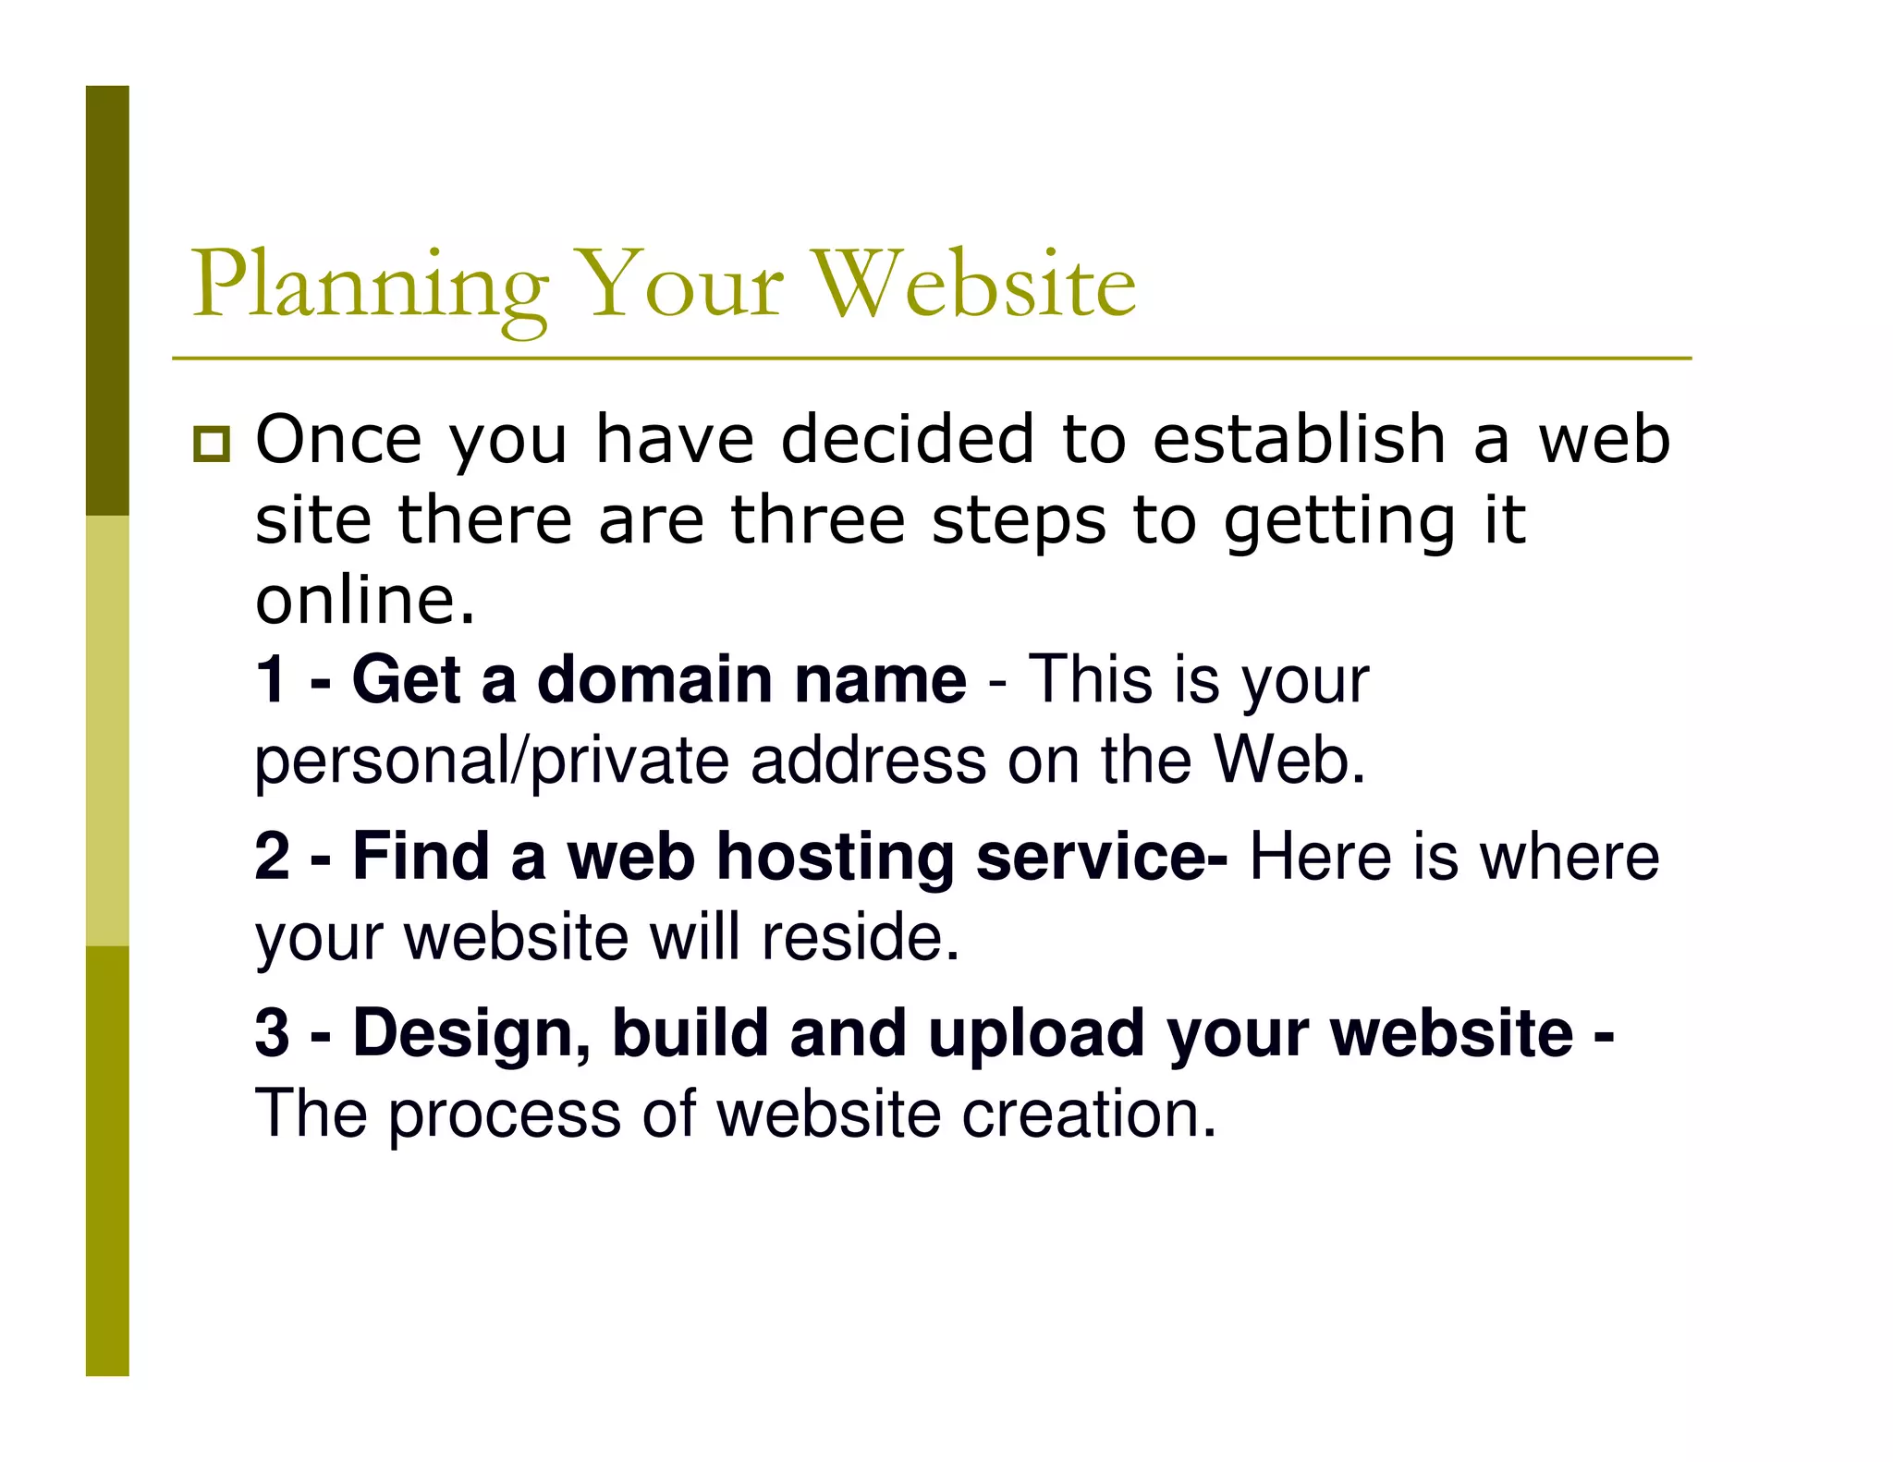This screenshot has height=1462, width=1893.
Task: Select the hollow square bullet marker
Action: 212,445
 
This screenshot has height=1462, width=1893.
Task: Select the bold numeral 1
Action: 271,679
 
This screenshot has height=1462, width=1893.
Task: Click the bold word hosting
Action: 836,858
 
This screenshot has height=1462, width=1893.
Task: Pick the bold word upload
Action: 1035,1034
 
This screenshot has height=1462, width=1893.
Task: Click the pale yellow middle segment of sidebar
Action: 107,730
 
